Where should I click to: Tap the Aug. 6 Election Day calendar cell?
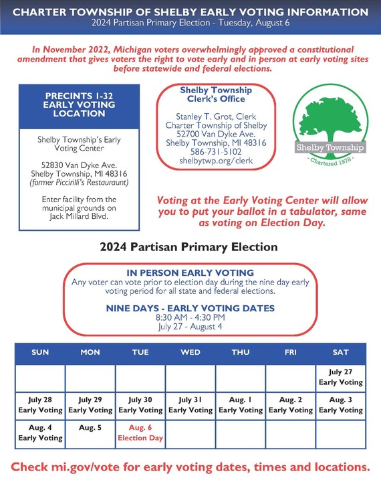click(140, 432)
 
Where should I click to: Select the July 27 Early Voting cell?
click(341, 377)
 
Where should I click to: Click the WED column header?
click(190, 352)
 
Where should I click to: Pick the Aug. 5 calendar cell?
click(90, 427)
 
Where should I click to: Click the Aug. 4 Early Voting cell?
click(40, 432)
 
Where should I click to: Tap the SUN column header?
click(40, 352)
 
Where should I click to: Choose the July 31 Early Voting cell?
click(190, 404)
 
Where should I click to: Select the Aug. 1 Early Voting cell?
click(241, 404)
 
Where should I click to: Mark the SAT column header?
click(341, 352)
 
